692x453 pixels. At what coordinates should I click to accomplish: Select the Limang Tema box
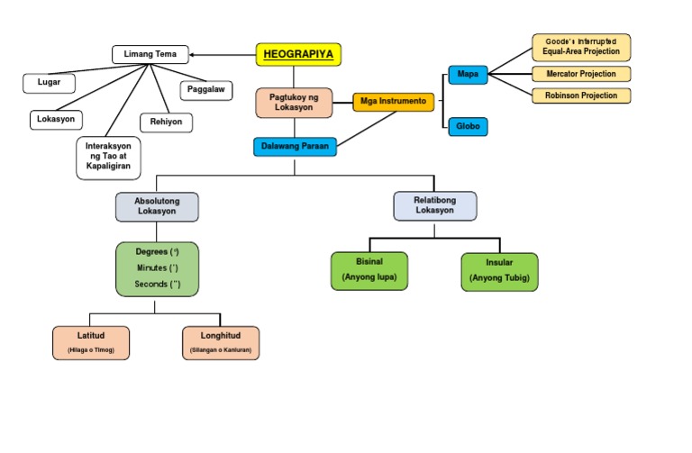[150, 55]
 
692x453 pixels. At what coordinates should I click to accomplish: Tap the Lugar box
[50, 83]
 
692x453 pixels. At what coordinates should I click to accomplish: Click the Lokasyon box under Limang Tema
[56, 119]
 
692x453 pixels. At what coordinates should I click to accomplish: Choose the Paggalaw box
[207, 89]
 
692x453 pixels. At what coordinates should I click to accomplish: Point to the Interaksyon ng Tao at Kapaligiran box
[109, 156]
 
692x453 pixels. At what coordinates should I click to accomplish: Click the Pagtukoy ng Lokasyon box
[294, 103]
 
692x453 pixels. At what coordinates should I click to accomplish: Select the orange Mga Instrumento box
[394, 102]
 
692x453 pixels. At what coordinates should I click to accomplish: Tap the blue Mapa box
[468, 75]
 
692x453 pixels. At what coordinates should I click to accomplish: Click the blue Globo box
[468, 126]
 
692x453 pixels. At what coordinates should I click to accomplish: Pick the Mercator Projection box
[580, 74]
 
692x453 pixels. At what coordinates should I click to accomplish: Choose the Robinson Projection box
[580, 95]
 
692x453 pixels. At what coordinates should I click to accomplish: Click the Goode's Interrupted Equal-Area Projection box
[580, 46]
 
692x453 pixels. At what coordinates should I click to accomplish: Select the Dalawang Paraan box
[295, 146]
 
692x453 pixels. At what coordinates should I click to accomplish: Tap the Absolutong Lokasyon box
[157, 206]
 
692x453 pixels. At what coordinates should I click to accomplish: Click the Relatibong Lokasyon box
[435, 205]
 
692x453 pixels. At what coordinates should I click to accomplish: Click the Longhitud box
[220, 342]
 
